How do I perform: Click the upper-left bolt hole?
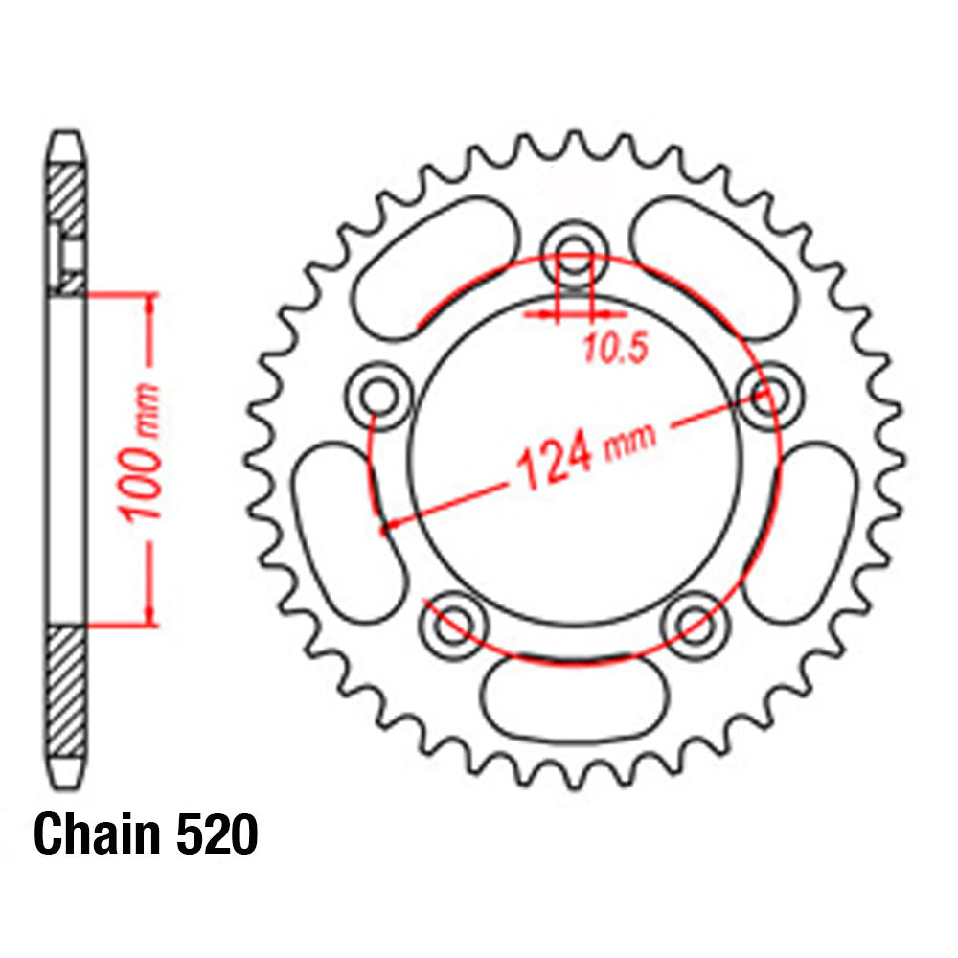(x=380, y=394)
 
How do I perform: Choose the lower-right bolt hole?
(x=693, y=624)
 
